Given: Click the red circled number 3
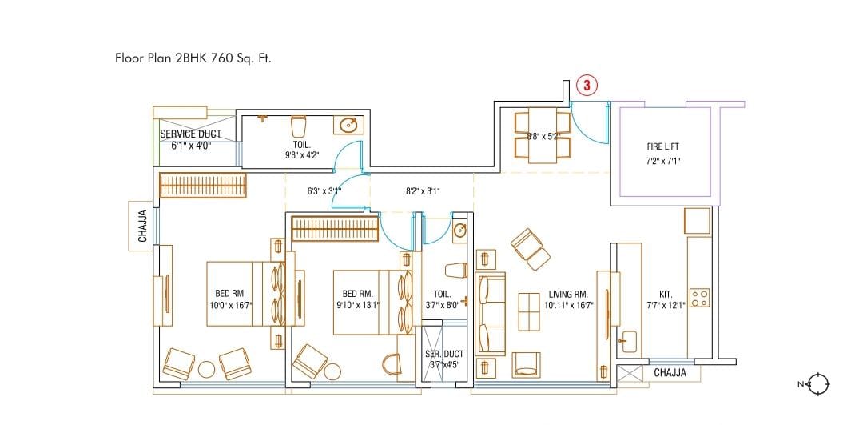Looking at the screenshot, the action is click(x=587, y=86).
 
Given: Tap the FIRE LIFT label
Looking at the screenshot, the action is click(x=662, y=146).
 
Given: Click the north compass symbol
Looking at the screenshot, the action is click(x=820, y=383).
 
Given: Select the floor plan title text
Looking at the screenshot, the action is click(x=193, y=58).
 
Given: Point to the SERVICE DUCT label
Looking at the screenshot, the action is click(x=190, y=134).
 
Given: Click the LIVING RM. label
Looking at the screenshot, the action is click(x=569, y=294).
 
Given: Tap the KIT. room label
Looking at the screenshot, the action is click(x=666, y=294).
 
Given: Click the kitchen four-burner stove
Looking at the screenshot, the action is click(x=700, y=298).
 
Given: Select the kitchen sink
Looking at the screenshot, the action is click(x=629, y=341).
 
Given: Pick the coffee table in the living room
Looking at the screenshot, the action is click(x=529, y=312).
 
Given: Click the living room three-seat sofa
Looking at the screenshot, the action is click(x=491, y=313).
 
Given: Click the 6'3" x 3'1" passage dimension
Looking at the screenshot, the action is click(x=324, y=191).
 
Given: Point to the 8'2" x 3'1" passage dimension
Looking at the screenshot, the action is click(x=423, y=191).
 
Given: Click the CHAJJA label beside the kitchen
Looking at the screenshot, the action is click(x=670, y=373).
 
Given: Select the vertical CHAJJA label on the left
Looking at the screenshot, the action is click(x=142, y=226).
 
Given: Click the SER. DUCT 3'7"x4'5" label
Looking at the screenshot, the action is click(x=443, y=359).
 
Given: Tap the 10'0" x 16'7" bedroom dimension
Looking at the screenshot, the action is click(x=229, y=303).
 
